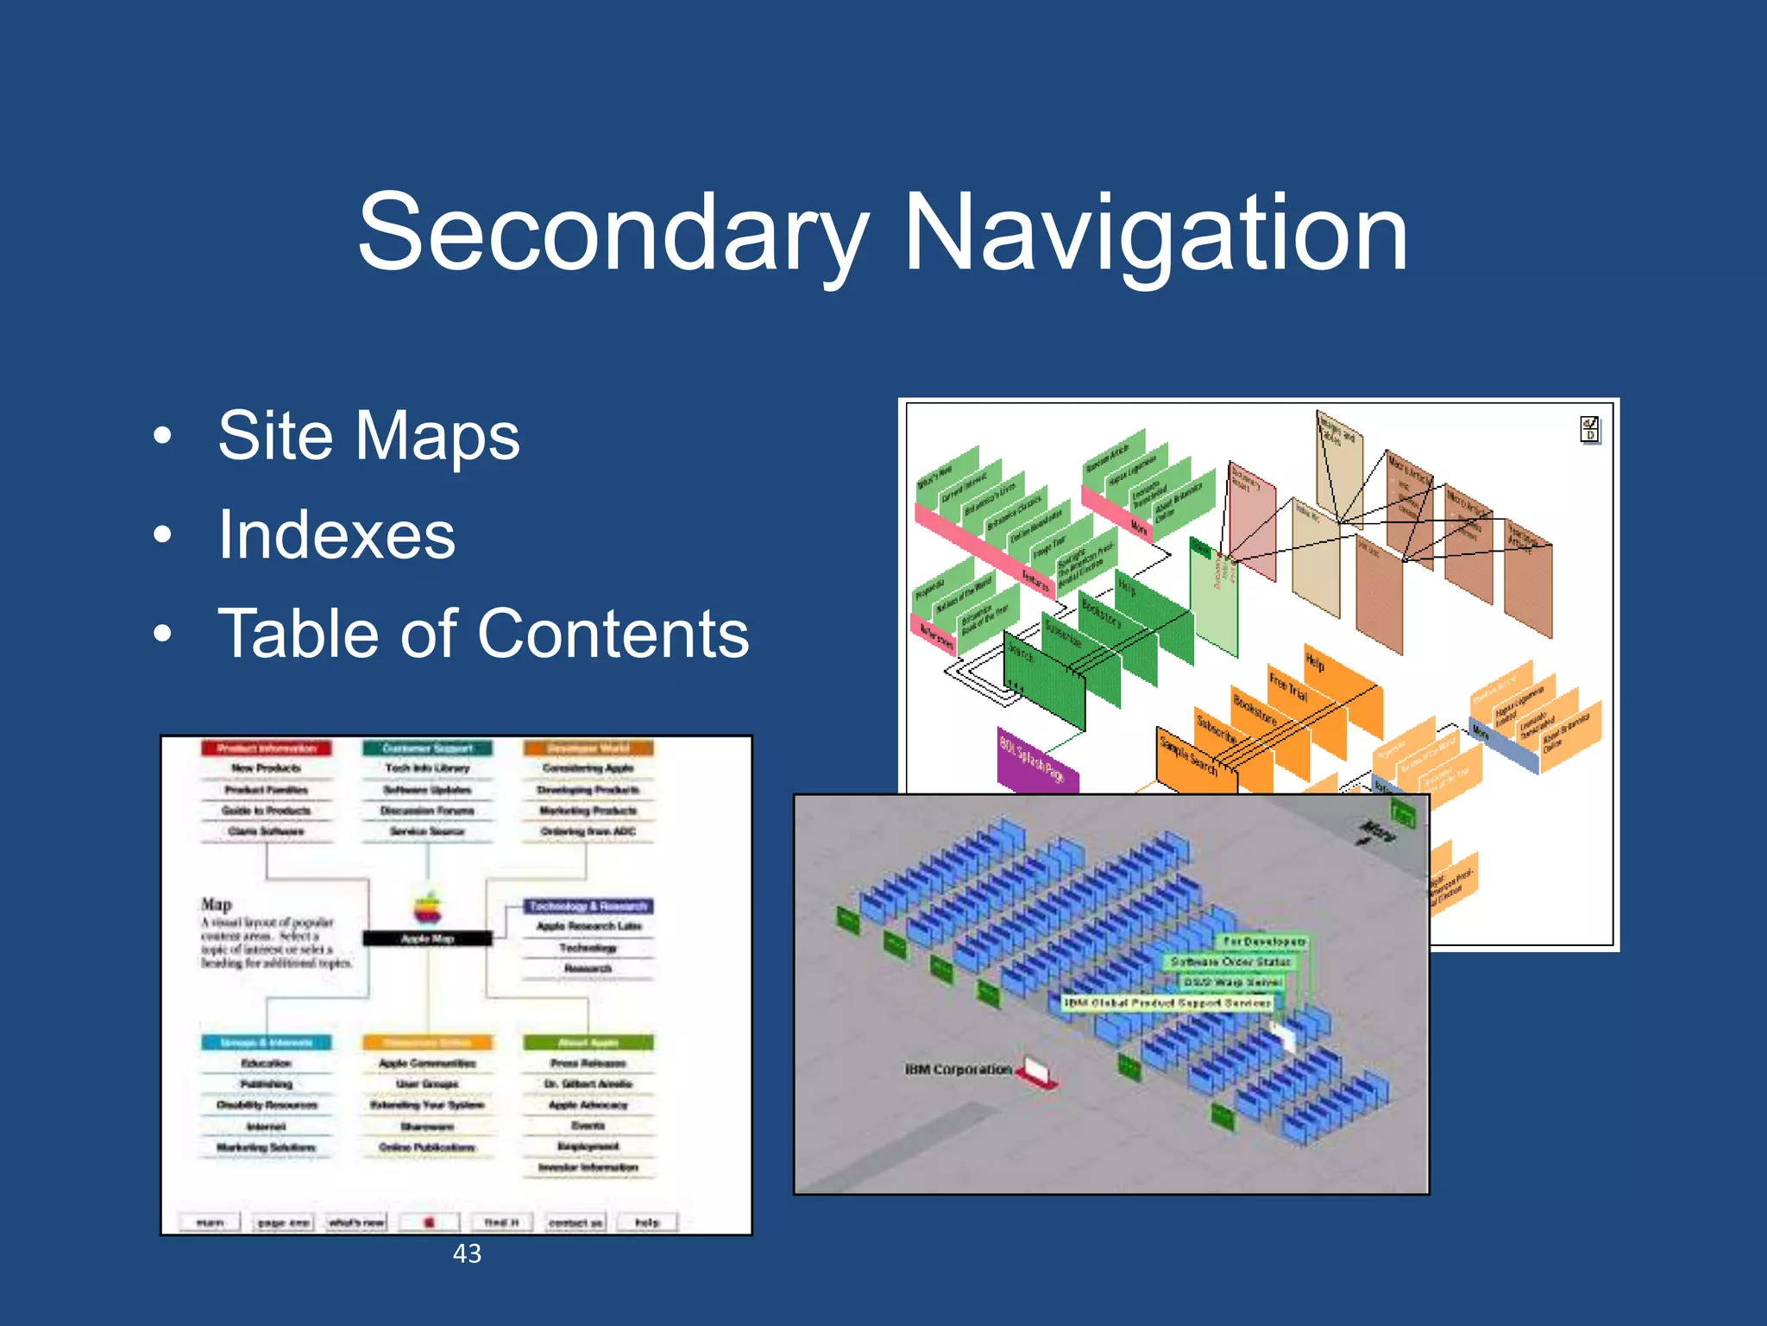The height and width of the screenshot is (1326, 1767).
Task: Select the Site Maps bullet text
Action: click(x=368, y=436)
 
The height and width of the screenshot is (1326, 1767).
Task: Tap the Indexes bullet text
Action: click(x=336, y=535)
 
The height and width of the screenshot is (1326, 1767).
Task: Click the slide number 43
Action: click(x=467, y=1253)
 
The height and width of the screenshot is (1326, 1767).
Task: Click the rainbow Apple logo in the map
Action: click(x=428, y=908)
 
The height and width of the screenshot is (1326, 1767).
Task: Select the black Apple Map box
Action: click(x=427, y=938)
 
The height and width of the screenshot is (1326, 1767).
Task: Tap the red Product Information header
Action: click(x=267, y=748)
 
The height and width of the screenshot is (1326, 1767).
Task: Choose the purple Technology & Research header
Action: click(x=588, y=906)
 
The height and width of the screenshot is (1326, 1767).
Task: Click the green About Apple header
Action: click(x=588, y=1043)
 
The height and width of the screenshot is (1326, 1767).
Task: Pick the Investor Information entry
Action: click(x=588, y=1168)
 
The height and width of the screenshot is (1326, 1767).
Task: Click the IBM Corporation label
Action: click(x=958, y=1070)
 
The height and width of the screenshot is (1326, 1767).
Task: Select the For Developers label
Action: click(x=1265, y=941)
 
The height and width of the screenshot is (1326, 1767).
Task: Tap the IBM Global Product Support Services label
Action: click(x=1166, y=1003)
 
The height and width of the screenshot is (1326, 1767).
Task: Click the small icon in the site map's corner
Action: click(x=1589, y=429)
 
